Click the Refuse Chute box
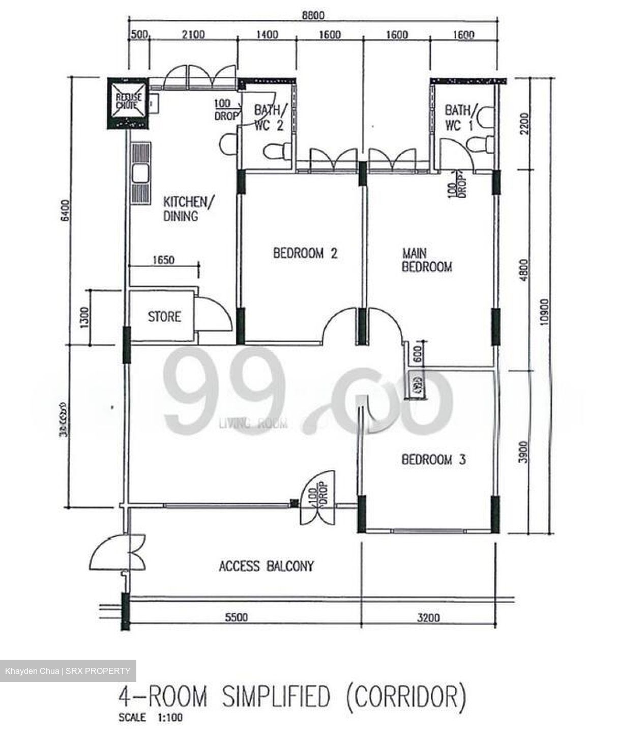(127, 103)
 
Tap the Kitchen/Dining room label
(185, 209)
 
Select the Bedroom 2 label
(305, 253)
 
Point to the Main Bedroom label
(427, 260)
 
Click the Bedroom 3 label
(433, 460)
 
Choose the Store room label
(164, 317)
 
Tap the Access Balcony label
(266, 566)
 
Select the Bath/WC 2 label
(270, 118)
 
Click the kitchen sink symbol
(139, 175)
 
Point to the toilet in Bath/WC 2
(277, 151)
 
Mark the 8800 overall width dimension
(313, 16)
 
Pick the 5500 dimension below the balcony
(237, 617)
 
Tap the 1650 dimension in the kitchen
(163, 260)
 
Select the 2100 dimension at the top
(193, 35)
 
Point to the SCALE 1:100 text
(151, 718)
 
